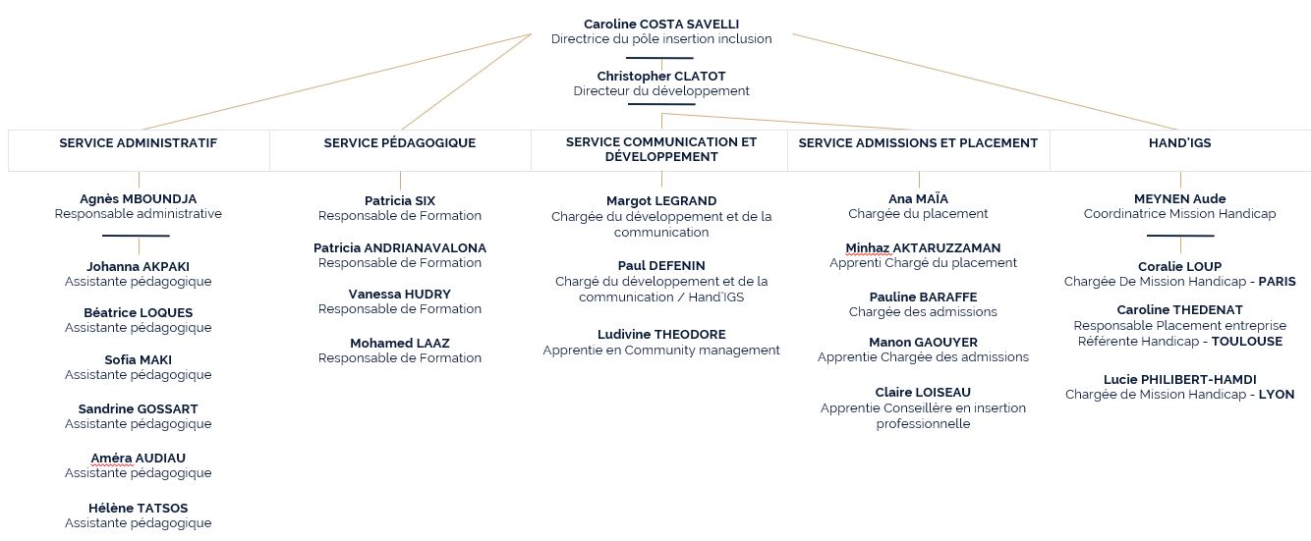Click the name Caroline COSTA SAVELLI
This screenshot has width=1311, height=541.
click(x=661, y=24)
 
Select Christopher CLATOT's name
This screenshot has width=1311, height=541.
click(x=661, y=76)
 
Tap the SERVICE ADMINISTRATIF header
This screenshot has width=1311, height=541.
click(x=139, y=142)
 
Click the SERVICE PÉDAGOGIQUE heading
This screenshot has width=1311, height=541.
click(x=400, y=142)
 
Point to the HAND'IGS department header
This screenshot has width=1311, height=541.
click(x=1180, y=142)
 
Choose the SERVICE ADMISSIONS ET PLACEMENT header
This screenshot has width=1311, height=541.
click(x=918, y=142)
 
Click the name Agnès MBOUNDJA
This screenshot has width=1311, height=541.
click(x=139, y=199)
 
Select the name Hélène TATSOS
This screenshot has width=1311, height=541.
click(x=139, y=509)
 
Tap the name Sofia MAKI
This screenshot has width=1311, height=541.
click(x=139, y=359)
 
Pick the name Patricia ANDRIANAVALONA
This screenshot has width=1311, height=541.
click(x=400, y=248)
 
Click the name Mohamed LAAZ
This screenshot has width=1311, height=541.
click(x=400, y=344)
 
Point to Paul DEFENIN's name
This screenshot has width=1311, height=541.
click(x=661, y=265)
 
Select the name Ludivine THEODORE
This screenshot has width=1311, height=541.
click(x=661, y=335)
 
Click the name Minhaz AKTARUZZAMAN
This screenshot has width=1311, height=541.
click(x=923, y=248)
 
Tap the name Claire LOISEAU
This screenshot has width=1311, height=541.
click(x=923, y=393)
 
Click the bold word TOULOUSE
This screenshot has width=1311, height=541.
click(x=1246, y=342)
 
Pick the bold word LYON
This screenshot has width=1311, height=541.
click(x=1277, y=395)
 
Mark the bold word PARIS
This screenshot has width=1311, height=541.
click(x=1277, y=282)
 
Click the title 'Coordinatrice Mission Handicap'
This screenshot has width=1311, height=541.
click(x=1180, y=214)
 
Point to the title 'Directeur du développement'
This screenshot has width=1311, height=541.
click(x=661, y=91)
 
